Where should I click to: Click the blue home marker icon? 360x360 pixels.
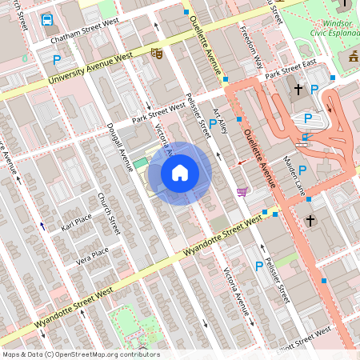(x=180, y=173)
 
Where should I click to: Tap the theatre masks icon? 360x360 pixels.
(x=157, y=54)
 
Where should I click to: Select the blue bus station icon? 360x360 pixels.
(x=47, y=19)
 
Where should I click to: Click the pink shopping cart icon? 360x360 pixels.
(x=242, y=191)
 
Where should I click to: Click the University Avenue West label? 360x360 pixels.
(x=90, y=70)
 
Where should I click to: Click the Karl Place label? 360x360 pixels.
(x=77, y=220)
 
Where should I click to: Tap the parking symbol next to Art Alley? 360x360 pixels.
(x=213, y=124)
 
